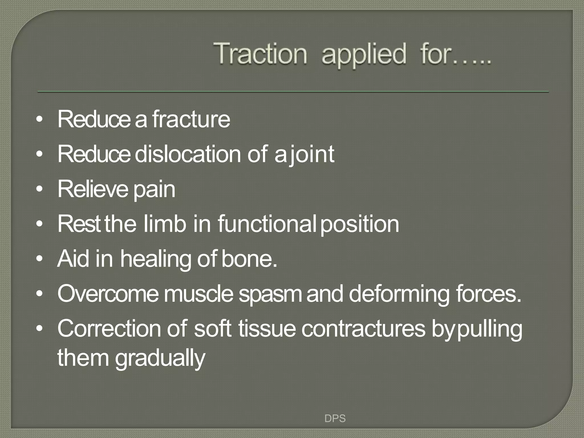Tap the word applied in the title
tap(364, 54)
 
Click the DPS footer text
tap(335, 418)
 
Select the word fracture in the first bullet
tap(191, 119)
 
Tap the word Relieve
tap(93, 189)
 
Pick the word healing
tap(155, 259)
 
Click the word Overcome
tap(108, 294)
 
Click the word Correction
tap(109, 328)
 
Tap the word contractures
tap(363, 328)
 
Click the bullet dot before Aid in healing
tap(40, 259)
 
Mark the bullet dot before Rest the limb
tap(40, 224)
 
